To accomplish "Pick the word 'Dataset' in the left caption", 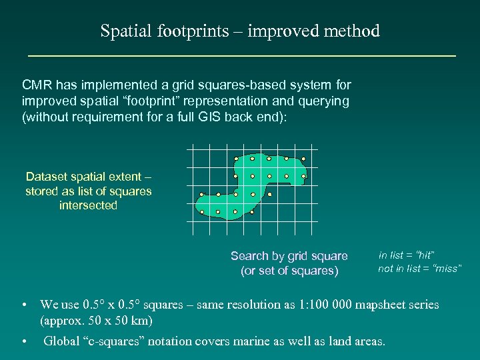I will click(47, 177).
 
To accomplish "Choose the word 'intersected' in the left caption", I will click(88, 206).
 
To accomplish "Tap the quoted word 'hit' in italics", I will click(423, 255).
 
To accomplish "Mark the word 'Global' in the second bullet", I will click(62, 341).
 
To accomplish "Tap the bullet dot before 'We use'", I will click(24, 305).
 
